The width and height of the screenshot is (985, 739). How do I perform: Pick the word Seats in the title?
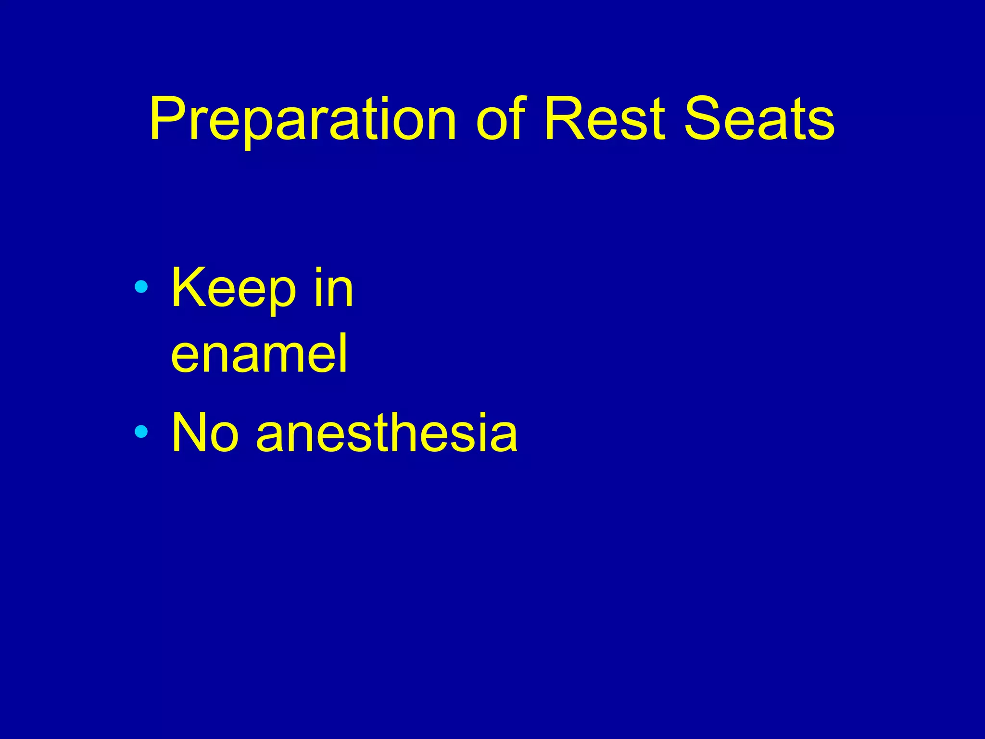tap(759, 119)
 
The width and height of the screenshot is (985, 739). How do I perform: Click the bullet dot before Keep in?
tap(141, 287)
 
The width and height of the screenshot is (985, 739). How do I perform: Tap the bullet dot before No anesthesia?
tap(141, 432)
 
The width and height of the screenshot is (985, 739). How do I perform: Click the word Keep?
tap(234, 289)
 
